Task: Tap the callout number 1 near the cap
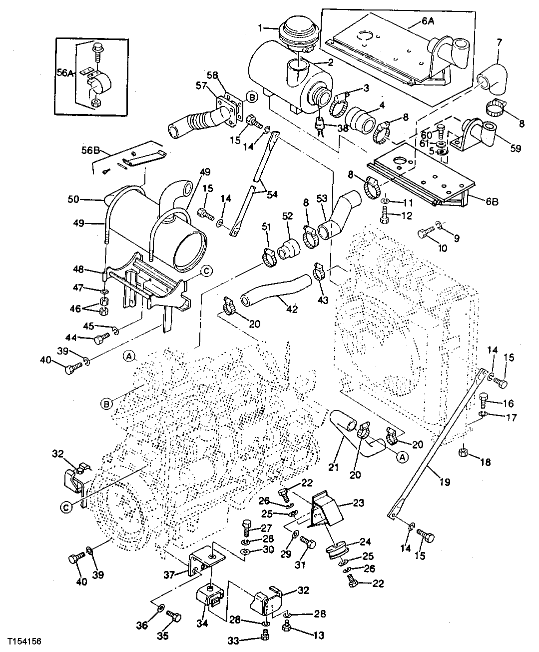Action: click(260, 28)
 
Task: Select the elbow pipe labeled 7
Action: click(492, 79)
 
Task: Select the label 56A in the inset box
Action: click(64, 72)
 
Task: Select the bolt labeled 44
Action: click(102, 339)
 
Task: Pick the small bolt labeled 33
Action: click(264, 635)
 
